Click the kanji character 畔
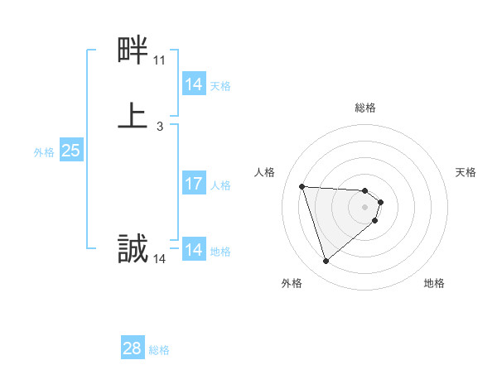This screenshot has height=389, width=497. (x=133, y=51)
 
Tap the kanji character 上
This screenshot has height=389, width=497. (x=133, y=115)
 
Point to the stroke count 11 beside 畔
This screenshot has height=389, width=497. (x=159, y=60)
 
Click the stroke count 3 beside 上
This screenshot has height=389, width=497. (x=159, y=127)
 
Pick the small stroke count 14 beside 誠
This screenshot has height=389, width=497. (x=159, y=259)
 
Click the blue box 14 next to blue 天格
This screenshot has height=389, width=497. (x=194, y=84)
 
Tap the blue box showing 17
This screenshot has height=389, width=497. (x=194, y=184)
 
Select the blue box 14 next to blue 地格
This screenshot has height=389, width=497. (x=194, y=250)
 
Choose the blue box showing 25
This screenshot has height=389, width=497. (x=70, y=151)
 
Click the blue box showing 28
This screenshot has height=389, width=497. (x=133, y=348)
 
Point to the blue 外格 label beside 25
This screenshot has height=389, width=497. (x=44, y=152)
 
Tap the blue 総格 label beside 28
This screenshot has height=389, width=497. (x=159, y=350)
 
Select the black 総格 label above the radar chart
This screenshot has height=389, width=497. (x=365, y=108)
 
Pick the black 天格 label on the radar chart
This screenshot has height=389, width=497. (x=466, y=172)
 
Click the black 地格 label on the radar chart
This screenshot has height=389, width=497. (x=434, y=283)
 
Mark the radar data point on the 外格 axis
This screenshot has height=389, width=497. (x=326, y=262)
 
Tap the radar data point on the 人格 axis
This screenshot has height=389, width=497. (x=302, y=186)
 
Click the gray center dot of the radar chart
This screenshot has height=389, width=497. (x=365, y=207)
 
